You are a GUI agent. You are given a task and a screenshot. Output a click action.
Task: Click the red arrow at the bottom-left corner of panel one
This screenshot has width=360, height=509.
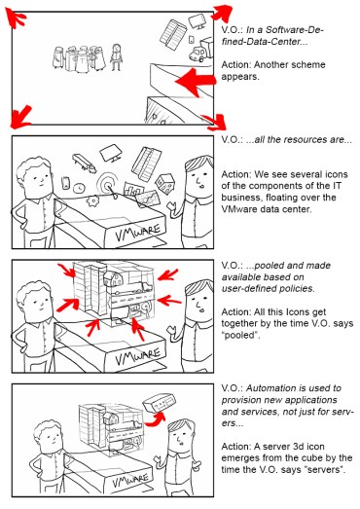click(16, 118)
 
